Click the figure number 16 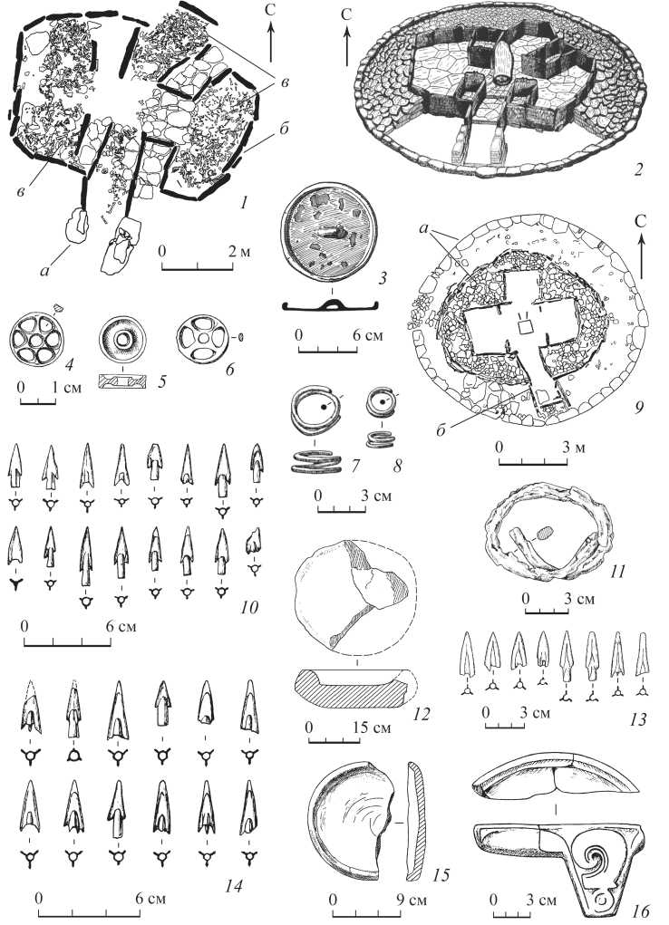(641, 912)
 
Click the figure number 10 (250, 607)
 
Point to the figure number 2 (636, 170)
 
